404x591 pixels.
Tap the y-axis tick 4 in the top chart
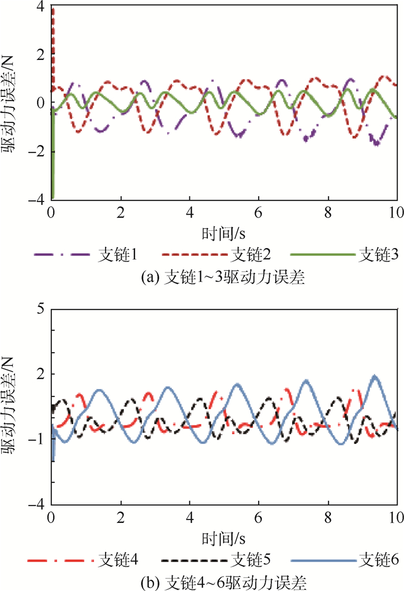pos(40,8)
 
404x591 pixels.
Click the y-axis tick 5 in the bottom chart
pos(40,308)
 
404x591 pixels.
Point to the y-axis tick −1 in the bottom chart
pos(36,439)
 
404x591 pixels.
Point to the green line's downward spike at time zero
pos(53,190)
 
